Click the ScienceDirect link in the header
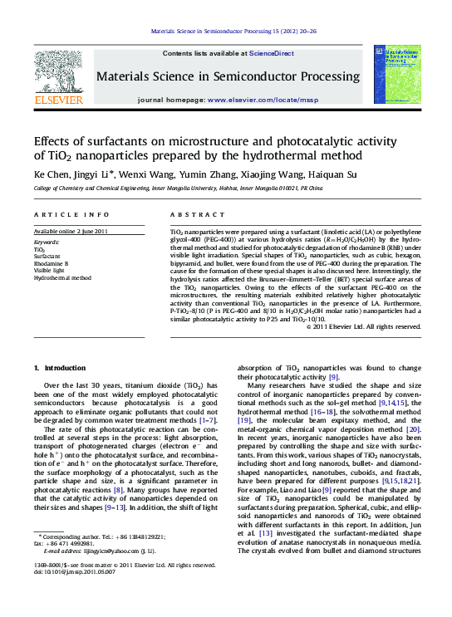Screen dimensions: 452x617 click(x=273, y=52)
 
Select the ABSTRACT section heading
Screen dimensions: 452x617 click(x=194, y=215)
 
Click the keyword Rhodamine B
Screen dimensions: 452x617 click(x=52, y=263)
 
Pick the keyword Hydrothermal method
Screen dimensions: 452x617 click(x=62, y=278)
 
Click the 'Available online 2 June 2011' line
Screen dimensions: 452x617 click(x=71, y=230)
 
